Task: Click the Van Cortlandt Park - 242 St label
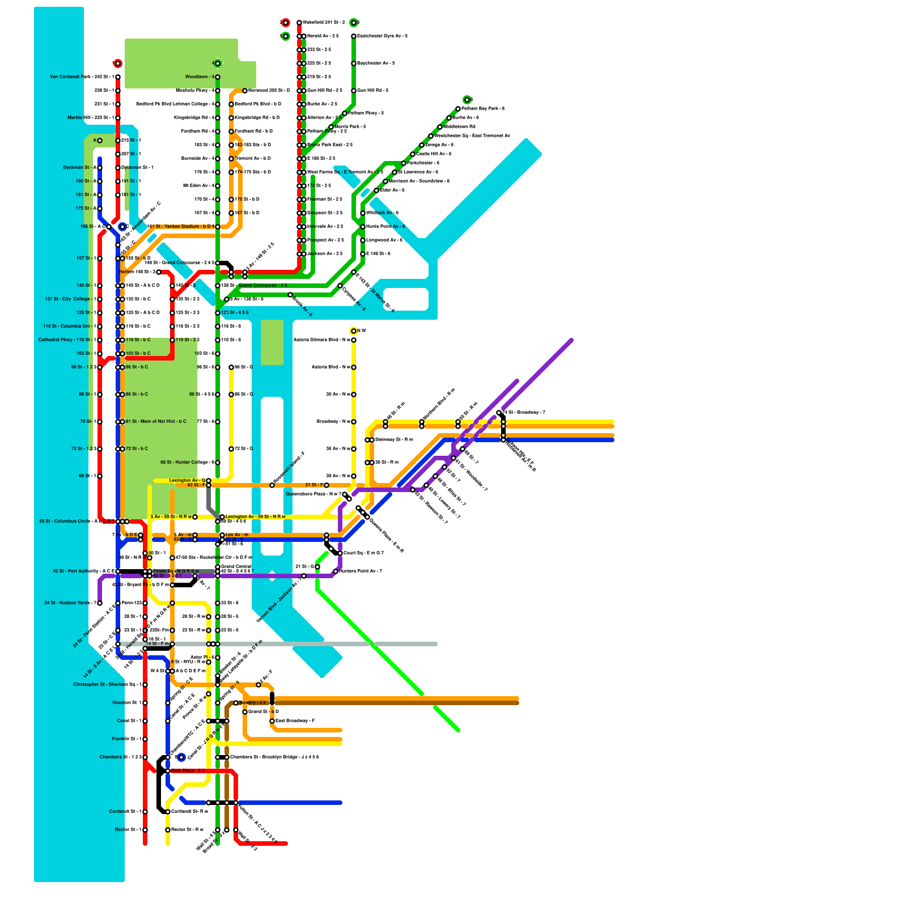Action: coord(82,77)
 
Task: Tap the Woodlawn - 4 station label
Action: coord(200,77)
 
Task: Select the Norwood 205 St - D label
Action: coord(269,91)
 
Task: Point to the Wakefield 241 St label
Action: coord(324,23)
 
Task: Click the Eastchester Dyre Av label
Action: coord(383,36)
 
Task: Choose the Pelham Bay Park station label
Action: coord(483,109)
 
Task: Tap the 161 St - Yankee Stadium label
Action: coord(180,227)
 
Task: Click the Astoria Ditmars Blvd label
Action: coord(321,340)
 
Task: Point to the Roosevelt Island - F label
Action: coord(289,468)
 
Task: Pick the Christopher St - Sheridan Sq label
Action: coord(107,685)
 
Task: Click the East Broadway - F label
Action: coord(295,721)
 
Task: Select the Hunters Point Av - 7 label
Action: coord(361,571)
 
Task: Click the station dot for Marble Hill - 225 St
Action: coord(118,118)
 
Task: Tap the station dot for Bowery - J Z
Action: coord(236,703)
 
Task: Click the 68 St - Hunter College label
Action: coord(187,463)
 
